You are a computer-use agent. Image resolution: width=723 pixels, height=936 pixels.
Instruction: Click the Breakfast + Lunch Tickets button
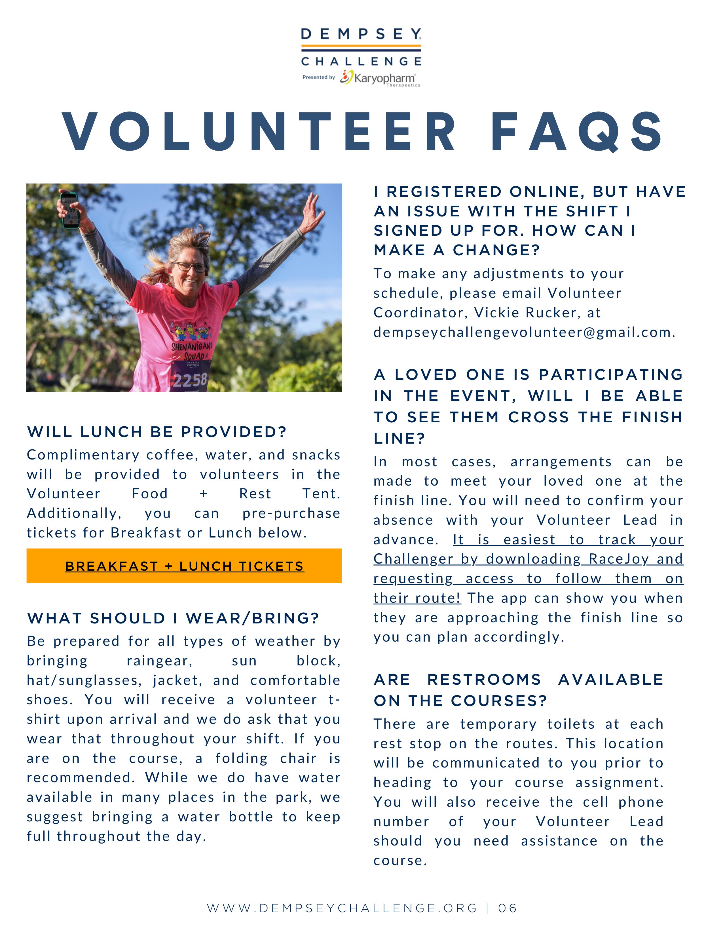[x=184, y=566]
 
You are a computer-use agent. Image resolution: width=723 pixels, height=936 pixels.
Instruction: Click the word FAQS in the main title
[x=577, y=132]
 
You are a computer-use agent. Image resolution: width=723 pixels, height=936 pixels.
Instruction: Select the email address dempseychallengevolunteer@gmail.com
[x=524, y=332]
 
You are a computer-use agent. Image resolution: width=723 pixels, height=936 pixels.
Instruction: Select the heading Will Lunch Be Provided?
[x=157, y=432]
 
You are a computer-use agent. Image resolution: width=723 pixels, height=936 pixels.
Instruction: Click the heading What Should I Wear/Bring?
[x=173, y=618]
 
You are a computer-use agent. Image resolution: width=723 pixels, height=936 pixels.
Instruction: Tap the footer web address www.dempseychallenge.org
[x=342, y=908]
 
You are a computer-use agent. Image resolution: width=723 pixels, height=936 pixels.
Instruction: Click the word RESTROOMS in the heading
[x=484, y=680]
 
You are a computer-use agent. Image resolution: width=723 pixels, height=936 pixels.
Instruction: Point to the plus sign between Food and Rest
[x=204, y=494]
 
